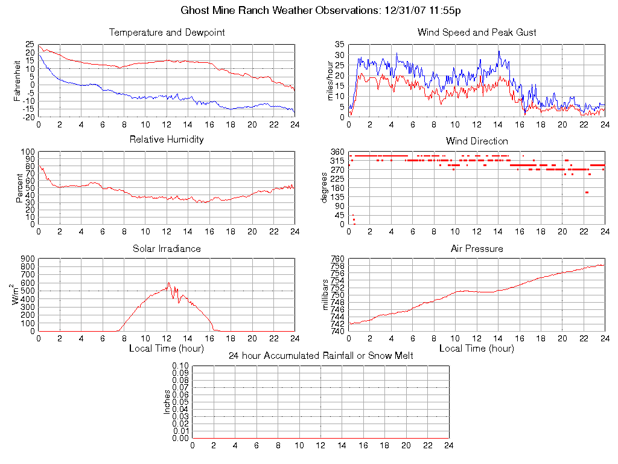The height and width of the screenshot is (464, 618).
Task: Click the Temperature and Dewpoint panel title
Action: (x=167, y=32)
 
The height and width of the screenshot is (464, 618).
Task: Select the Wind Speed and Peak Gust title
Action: (x=477, y=32)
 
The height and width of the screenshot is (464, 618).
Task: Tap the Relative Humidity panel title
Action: (x=167, y=140)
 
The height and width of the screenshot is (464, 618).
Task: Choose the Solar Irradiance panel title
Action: (x=167, y=248)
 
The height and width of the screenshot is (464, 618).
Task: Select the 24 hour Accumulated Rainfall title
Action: (x=320, y=356)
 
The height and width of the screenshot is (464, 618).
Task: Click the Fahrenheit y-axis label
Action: (x=18, y=80)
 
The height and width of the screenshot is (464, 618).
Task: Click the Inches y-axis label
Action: (x=167, y=402)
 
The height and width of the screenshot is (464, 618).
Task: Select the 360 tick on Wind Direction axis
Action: (x=337, y=152)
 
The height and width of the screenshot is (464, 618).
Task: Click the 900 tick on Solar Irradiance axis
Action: (x=28, y=259)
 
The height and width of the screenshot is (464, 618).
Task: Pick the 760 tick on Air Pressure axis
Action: (x=337, y=259)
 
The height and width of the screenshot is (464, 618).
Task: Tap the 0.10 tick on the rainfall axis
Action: (x=180, y=366)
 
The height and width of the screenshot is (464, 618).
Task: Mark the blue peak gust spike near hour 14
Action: (x=499, y=51)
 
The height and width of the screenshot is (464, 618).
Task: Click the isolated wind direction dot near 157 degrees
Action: (x=586, y=193)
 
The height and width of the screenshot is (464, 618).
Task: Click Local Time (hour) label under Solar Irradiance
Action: (x=167, y=349)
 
